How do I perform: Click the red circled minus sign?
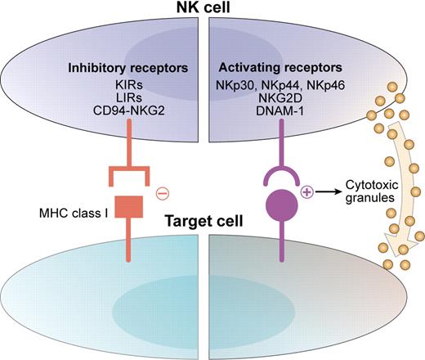tap(163, 194)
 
